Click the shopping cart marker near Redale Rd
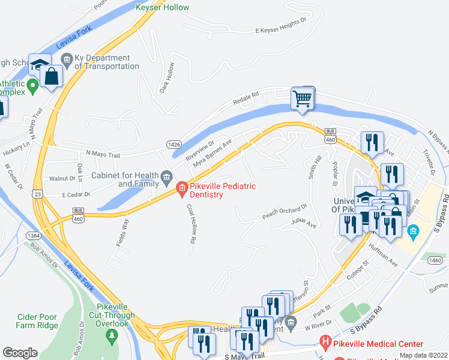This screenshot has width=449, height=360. (303, 98)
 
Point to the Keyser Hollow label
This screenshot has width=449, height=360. (162, 8)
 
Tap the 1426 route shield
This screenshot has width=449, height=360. (174, 145)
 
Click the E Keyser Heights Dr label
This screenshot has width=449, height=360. (281, 25)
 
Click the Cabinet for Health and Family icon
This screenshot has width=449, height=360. (166, 176)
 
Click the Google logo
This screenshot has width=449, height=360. (20, 353)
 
